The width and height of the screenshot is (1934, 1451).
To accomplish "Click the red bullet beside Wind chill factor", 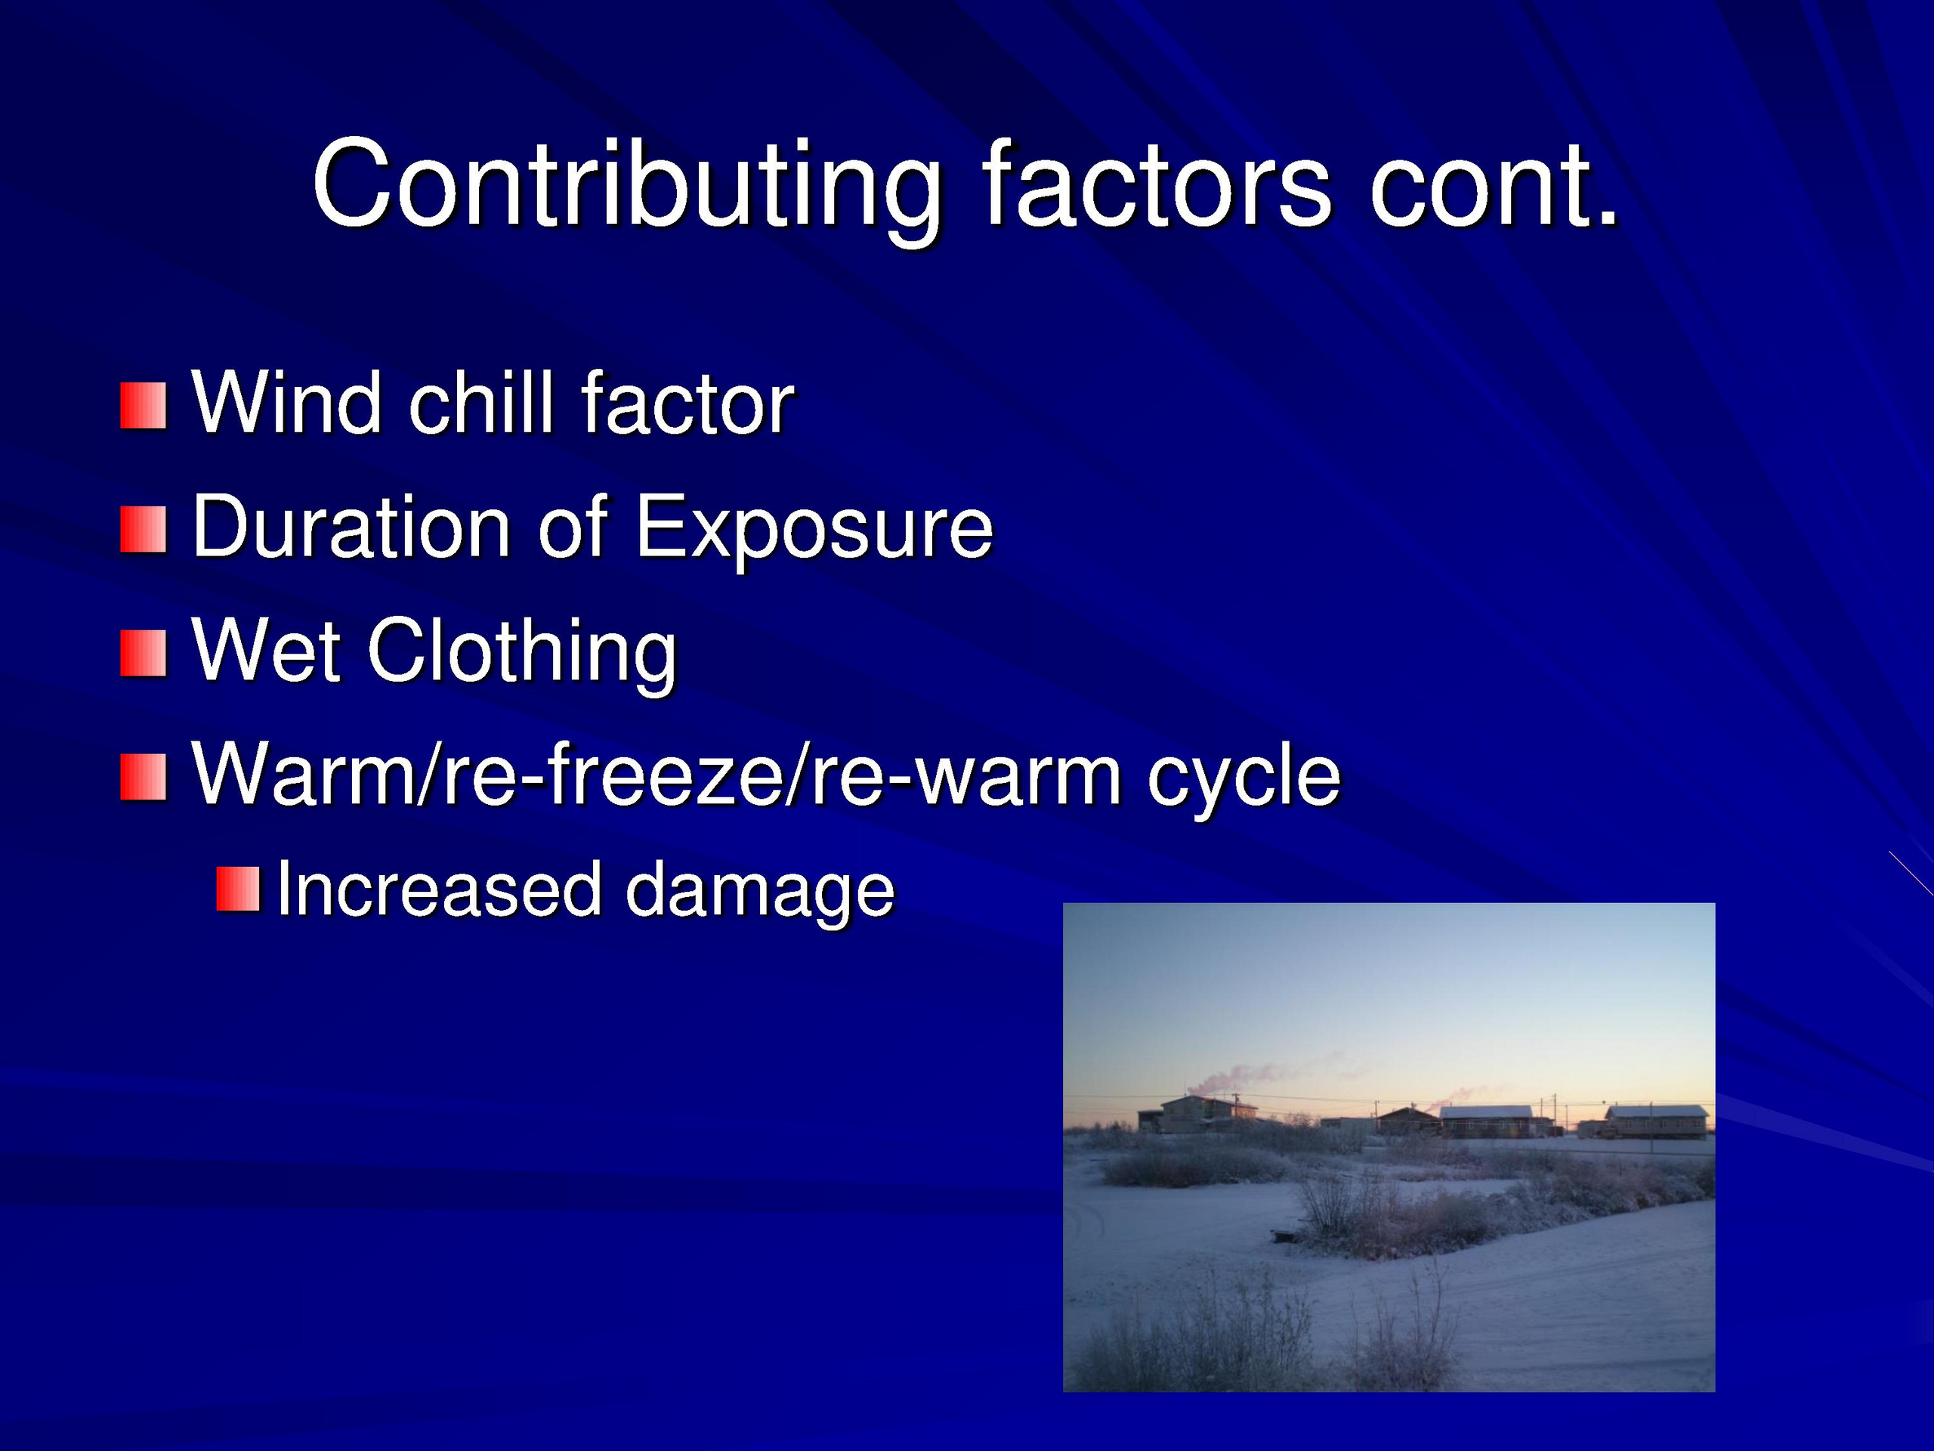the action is (x=143, y=406).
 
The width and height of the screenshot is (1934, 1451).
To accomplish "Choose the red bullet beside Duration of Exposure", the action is (x=143, y=530).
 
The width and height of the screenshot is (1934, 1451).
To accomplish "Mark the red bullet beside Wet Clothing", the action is (x=143, y=654).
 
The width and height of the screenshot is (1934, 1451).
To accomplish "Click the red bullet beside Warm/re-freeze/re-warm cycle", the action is (x=143, y=778).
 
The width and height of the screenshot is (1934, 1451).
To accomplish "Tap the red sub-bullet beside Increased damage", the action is (x=238, y=889).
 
